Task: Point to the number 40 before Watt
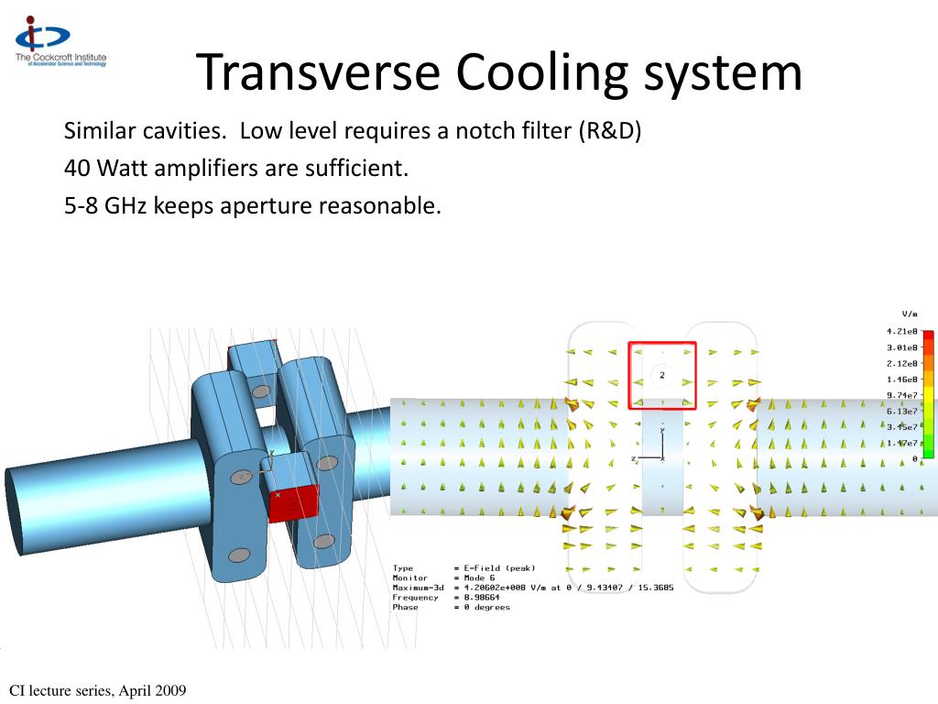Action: (77, 169)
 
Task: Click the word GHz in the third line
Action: (125, 206)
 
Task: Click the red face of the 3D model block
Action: (293, 503)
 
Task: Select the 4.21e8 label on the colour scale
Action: (901, 331)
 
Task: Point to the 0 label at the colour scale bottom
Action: (914, 458)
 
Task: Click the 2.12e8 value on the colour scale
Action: (901, 363)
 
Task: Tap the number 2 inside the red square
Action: (661, 375)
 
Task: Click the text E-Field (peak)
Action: (499, 568)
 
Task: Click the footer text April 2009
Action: (155, 690)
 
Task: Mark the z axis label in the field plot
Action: (633, 457)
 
